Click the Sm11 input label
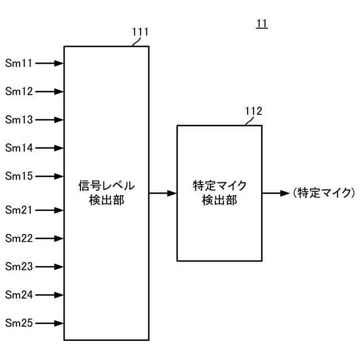click(19, 64)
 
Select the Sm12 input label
click(19, 91)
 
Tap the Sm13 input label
click(19, 120)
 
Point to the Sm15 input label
click(19, 176)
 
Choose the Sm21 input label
click(19, 210)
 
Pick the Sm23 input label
click(19, 267)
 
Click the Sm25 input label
click(19, 323)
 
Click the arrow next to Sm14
click(49, 148)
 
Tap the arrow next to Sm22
click(49, 238)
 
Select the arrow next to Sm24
click(49, 295)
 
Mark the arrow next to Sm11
click(49, 64)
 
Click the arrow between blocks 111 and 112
click(163, 193)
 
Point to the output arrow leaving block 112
click(276, 193)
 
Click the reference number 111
click(140, 32)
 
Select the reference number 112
click(253, 111)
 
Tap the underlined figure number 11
click(262, 24)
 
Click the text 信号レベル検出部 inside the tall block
click(106, 193)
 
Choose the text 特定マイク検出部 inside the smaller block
click(219, 193)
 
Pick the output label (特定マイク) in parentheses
click(324, 193)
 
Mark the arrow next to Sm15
click(49, 176)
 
